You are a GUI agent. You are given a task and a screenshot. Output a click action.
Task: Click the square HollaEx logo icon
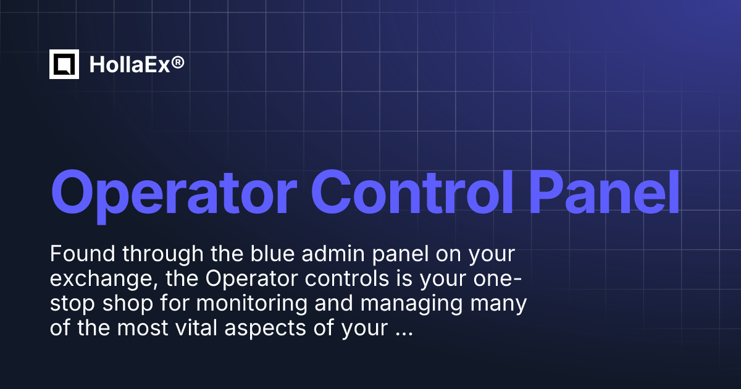(64, 64)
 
